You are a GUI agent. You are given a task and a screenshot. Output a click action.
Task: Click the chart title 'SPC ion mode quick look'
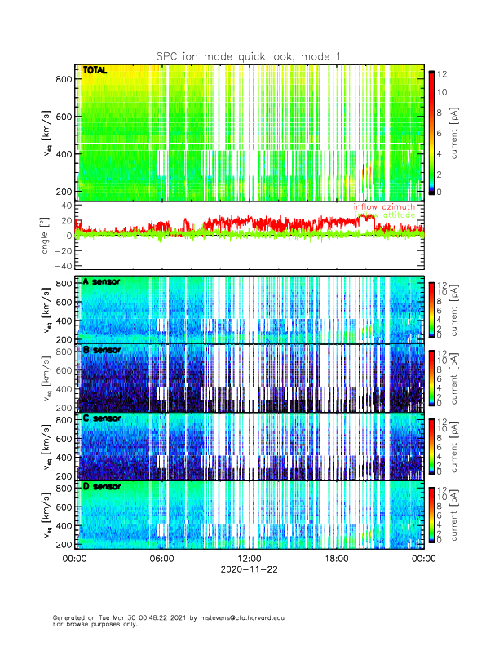pyautogui.click(x=249, y=55)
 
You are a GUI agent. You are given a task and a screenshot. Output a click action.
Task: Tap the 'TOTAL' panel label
pyautogui.click(x=95, y=72)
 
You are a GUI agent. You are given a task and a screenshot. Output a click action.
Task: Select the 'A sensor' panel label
pyautogui.click(x=101, y=282)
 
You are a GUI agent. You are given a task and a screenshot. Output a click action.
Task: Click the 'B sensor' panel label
pyautogui.click(x=101, y=350)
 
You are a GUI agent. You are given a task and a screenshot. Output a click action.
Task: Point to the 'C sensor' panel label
pyautogui.click(x=101, y=418)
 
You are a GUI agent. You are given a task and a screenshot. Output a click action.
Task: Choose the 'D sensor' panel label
pyautogui.click(x=101, y=487)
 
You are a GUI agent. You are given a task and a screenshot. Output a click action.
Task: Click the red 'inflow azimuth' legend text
pyautogui.click(x=384, y=207)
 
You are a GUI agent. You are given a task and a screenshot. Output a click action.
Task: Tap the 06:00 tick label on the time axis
pyautogui.click(x=161, y=559)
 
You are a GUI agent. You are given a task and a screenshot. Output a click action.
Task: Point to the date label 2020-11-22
pyautogui.click(x=249, y=569)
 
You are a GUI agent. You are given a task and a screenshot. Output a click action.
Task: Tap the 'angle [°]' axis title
pyautogui.click(x=46, y=236)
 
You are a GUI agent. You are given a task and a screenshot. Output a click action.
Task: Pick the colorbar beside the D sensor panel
pyautogui.click(x=432, y=514)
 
